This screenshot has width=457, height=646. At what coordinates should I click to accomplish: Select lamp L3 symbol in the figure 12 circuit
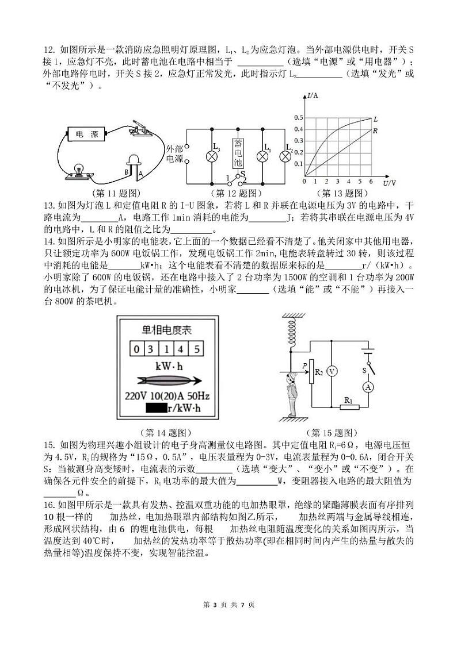212,156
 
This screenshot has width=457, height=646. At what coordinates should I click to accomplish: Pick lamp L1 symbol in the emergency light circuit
263,156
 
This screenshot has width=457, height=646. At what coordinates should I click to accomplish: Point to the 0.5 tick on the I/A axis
298,118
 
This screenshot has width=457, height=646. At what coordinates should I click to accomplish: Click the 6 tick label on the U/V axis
371,182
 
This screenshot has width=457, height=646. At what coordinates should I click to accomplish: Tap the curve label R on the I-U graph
375,131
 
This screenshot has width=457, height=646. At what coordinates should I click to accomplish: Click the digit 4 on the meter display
182,349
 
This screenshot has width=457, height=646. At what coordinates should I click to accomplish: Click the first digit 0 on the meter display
136,349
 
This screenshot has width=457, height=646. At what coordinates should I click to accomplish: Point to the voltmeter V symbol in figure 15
332,371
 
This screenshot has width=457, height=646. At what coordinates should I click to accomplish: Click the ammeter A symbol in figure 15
369,387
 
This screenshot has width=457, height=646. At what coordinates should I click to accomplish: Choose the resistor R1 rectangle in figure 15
347,407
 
